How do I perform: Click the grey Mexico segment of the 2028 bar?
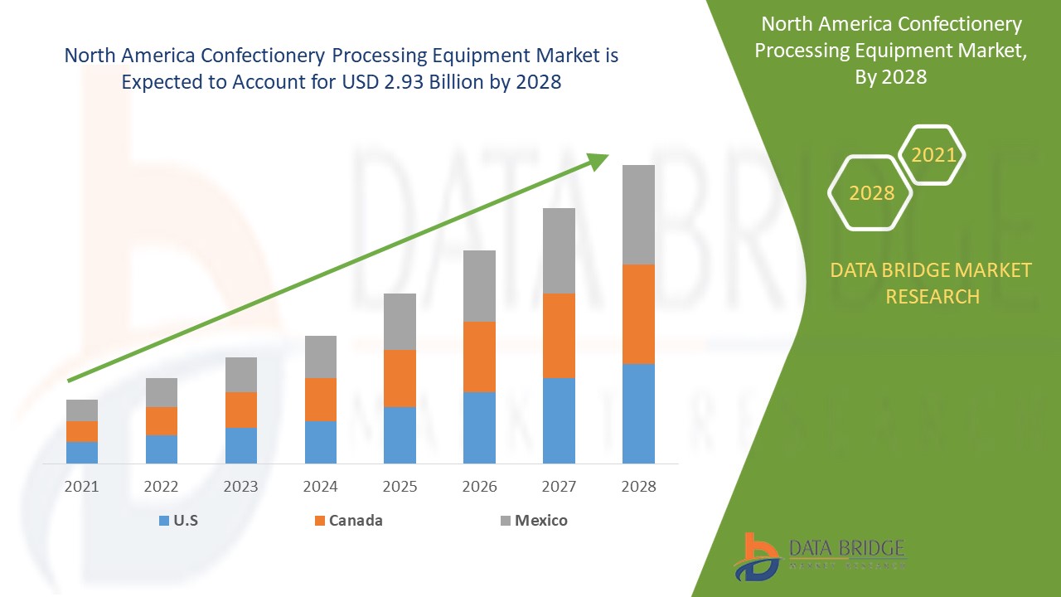point(638,214)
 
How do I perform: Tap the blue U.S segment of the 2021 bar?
point(82,452)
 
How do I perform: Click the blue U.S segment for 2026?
point(479,427)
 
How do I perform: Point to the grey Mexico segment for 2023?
point(241,374)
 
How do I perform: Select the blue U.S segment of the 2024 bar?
point(321,442)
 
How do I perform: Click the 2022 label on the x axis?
point(162,487)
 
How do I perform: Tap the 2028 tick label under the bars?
point(638,487)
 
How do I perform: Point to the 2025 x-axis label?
point(400,487)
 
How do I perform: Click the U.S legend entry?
point(179,521)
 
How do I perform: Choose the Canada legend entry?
point(349,521)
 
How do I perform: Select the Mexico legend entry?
point(535,521)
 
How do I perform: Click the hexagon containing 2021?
point(933,155)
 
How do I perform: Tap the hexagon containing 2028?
point(870,192)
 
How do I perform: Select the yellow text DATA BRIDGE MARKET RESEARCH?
point(932,283)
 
